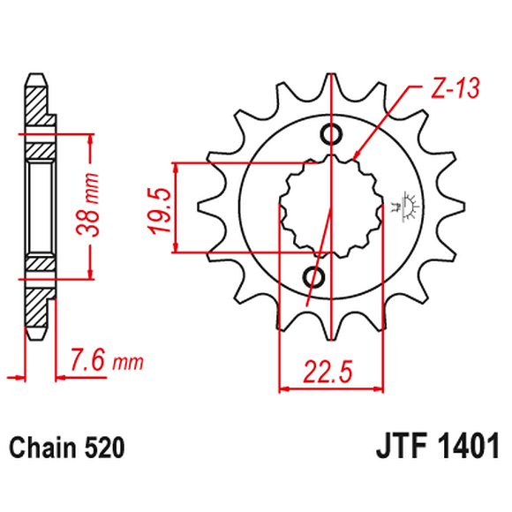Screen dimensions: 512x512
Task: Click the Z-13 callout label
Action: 450,89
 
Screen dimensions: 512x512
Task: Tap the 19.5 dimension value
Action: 159,208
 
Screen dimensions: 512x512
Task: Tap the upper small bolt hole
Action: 332,134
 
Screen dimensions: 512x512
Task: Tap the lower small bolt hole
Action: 313,277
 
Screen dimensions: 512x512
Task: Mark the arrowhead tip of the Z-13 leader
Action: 355,159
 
